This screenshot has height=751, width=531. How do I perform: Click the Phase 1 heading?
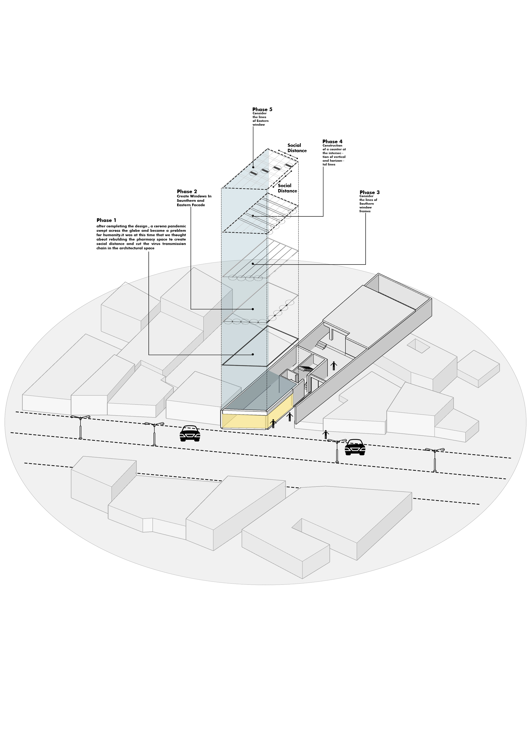(x=106, y=220)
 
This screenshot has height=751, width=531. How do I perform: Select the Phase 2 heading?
(x=187, y=191)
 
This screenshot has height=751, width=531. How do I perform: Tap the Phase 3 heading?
(x=370, y=192)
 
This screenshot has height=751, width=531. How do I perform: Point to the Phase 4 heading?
(x=332, y=142)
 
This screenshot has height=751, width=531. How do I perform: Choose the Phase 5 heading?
(x=262, y=109)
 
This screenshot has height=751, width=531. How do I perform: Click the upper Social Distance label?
(x=297, y=148)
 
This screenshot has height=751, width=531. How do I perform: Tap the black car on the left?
(x=190, y=433)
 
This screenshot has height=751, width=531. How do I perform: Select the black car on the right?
(x=355, y=447)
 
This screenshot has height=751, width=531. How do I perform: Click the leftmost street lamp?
(x=80, y=427)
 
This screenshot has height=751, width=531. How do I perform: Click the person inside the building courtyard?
(x=333, y=365)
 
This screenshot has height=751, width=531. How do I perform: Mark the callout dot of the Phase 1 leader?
(x=253, y=355)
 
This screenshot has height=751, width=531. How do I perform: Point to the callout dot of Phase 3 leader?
(x=253, y=264)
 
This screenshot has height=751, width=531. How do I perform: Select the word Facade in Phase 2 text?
(x=199, y=205)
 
